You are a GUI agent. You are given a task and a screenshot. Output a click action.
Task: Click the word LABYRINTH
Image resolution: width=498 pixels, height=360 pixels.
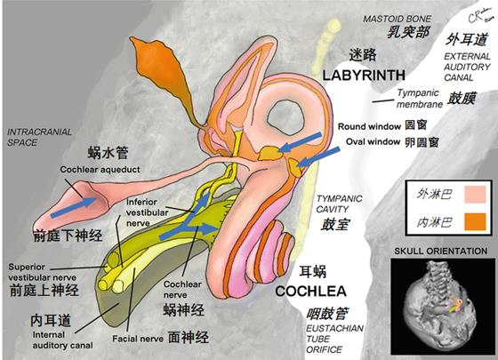coord(364,76)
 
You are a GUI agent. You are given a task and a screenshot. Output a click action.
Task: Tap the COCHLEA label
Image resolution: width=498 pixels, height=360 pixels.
coord(310,292)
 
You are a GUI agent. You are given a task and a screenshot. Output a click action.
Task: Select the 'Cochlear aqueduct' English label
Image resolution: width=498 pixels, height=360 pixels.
coord(100,170)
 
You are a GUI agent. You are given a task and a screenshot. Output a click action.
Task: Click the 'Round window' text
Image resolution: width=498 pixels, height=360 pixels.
coord(369,126)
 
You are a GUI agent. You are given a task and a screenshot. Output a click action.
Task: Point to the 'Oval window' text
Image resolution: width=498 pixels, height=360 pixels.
coord(373,141)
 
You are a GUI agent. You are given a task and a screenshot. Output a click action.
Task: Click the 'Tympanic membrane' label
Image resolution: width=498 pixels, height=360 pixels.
coord(419,99)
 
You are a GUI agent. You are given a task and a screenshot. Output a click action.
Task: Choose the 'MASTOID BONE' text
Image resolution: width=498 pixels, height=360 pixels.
coord(397,19)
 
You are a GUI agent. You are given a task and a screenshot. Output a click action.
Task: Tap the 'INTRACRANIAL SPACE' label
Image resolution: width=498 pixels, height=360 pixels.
coord(39,137)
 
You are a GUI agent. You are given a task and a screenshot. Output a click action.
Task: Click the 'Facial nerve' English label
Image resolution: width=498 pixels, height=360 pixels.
coord(138,339)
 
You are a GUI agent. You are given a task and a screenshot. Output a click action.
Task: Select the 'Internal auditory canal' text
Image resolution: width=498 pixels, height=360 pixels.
coord(62,340)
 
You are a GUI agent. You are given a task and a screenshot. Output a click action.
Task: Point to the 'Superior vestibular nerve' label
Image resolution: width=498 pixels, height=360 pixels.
coord(43,272)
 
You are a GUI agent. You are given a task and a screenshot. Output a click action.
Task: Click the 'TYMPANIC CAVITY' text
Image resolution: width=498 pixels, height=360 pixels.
coord(339,204)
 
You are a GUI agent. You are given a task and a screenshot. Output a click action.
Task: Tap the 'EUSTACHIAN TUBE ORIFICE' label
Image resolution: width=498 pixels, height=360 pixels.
coord(334,339)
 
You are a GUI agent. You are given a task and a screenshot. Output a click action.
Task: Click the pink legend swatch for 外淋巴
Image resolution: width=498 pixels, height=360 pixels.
coord(475,195)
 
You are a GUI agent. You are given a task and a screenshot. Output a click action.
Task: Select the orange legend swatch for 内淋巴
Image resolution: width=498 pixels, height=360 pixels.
coord(475,221)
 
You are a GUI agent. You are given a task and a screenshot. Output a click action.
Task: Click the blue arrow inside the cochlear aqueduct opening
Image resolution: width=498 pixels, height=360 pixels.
coord(73,207)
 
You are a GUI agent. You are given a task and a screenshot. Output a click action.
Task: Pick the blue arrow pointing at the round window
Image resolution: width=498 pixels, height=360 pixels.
coord(301,142)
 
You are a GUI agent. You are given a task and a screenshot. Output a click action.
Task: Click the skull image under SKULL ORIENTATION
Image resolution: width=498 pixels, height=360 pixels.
coord(439,307)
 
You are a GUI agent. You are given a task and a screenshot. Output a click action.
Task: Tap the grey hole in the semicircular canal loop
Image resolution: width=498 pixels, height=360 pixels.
coord(285,117)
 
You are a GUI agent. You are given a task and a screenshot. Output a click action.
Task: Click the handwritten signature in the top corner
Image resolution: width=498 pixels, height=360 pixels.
coord(480,16)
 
